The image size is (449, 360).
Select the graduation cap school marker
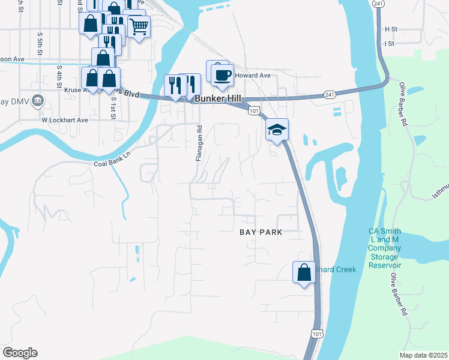(277, 130)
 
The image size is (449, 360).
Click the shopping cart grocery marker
(139, 26)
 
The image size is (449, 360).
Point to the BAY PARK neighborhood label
(261, 232)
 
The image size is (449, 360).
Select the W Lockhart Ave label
(65, 120)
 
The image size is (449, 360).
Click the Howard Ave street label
(253, 76)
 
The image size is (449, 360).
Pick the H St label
(391, 29)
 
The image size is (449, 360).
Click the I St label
(390, 44)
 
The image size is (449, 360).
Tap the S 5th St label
(40, 43)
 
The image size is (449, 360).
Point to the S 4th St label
(59, 76)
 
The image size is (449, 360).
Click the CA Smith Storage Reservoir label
(384, 248)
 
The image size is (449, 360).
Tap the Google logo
(20, 353)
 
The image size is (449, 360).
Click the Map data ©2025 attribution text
(423, 355)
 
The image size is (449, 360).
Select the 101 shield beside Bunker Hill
(254, 110)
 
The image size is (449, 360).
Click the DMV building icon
(37, 100)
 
